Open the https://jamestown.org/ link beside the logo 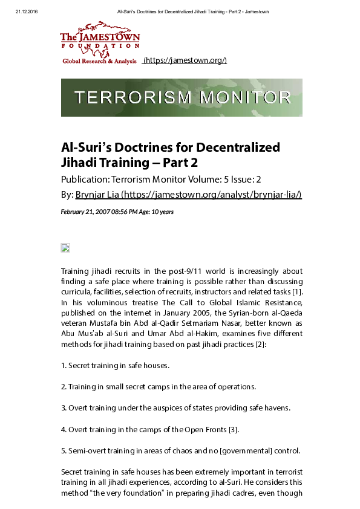coord(185,61)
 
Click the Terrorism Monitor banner coord(182,97)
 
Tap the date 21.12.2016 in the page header coord(27,12)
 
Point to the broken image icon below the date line coord(66,248)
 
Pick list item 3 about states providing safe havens coord(175,408)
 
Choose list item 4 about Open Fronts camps coord(150,429)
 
